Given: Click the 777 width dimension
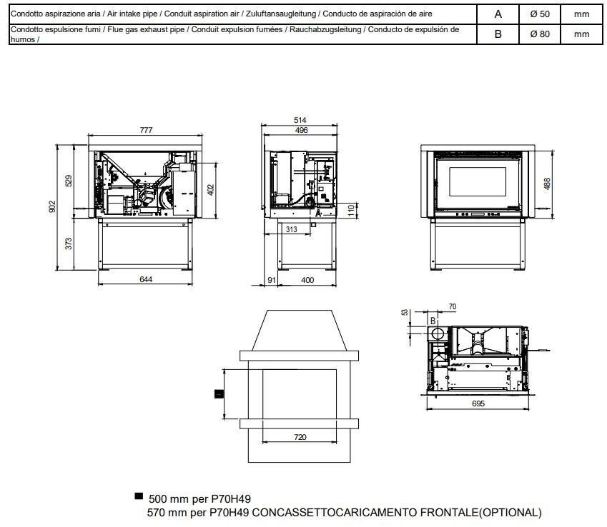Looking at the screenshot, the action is tap(146, 130).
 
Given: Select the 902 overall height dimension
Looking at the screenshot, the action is tap(52, 206).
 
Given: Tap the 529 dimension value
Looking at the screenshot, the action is tap(69, 181).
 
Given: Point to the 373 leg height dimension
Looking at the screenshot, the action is tap(69, 244).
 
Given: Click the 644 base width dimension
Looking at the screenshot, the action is tap(146, 279).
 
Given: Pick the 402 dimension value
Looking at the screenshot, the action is tap(210, 189).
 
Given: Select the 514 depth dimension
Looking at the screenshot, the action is tap(300, 120).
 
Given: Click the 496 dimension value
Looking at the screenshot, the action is tap(301, 130).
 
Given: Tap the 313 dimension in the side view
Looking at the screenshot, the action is tap(292, 229).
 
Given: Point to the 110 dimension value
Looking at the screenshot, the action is tap(351, 211).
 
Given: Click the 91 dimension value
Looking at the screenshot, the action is tap(272, 280).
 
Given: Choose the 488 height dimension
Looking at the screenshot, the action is tap(547, 184).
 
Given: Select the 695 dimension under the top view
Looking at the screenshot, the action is tap(478, 403).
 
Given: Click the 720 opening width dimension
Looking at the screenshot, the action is tap(300, 437).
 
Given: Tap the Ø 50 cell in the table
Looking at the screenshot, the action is tap(540, 14).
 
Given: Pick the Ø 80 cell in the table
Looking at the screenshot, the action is tap(540, 34).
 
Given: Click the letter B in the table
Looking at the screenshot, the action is tap(498, 34).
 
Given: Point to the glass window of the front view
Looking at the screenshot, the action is tap(478, 181).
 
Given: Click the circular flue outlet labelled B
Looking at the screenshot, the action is tap(438, 333).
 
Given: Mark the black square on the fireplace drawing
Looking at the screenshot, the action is tap(219, 394).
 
